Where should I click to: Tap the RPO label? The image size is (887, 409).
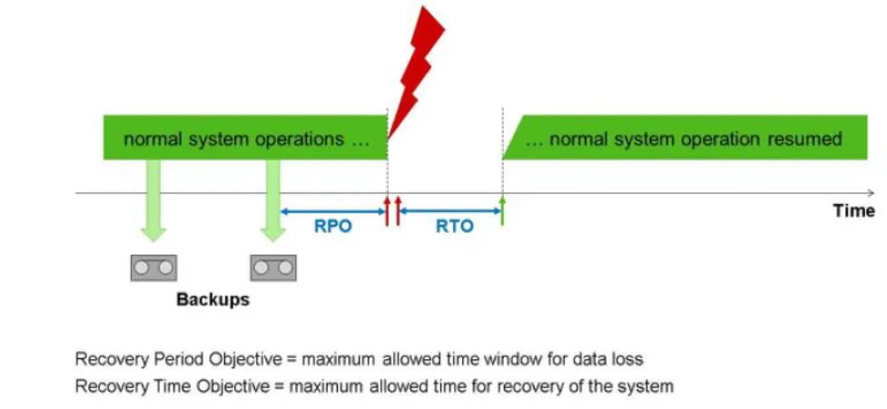pyautogui.click(x=332, y=227)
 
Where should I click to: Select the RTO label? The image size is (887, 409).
pyautogui.click(x=454, y=227)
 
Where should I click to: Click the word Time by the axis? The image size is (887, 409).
pyautogui.click(x=853, y=211)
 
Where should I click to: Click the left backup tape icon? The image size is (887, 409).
pyautogui.click(x=153, y=268)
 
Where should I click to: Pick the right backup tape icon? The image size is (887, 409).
pyautogui.click(x=272, y=268)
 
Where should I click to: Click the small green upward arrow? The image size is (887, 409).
pyautogui.click(x=502, y=207)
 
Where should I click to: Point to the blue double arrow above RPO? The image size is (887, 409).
pyautogui.click(x=332, y=211)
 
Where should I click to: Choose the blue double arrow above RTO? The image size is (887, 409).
pyautogui.click(x=451, y=211)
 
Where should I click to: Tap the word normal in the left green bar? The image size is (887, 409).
pyautogui.click(x=150, y=140)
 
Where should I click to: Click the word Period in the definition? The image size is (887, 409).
pyautogui.click(x=164, y=359)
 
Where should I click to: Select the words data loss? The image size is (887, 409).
pyautogui.click(x=611, y=359)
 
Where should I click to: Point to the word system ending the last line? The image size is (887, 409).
pyautogui.click(x=648, y=386)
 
